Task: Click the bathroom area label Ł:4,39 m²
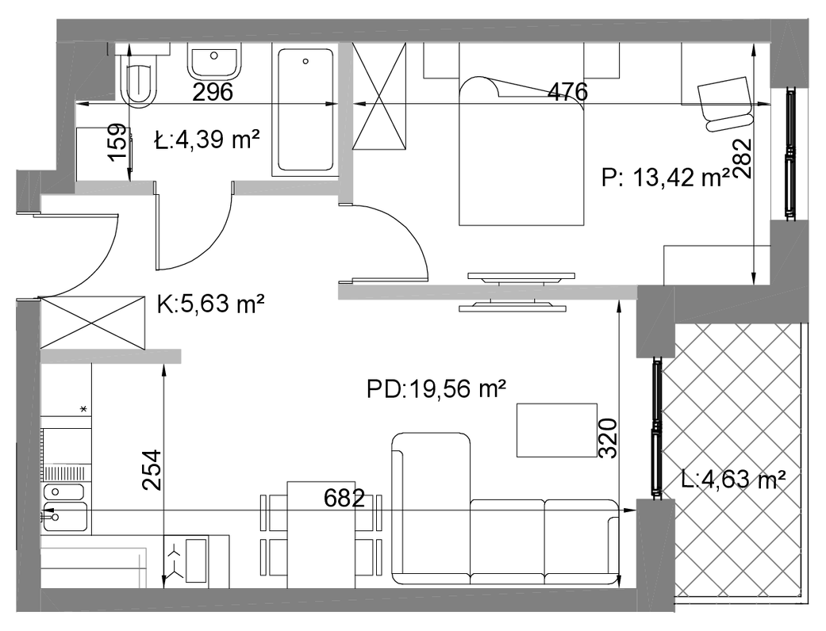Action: pos(207,140)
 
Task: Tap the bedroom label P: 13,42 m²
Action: pos(666,178)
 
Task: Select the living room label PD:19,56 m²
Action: pos(436,389)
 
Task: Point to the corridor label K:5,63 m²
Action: pos(210,304)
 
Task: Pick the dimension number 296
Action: pos(213,92)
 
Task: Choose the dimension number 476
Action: pos(567,92)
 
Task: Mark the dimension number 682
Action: pos(344,498)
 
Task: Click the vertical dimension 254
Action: pos(152,470)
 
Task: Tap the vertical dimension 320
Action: pos(609,438)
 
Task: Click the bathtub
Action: pos(305,109)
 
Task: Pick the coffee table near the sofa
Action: pos(557,430)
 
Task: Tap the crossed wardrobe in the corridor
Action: pos(92,322)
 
